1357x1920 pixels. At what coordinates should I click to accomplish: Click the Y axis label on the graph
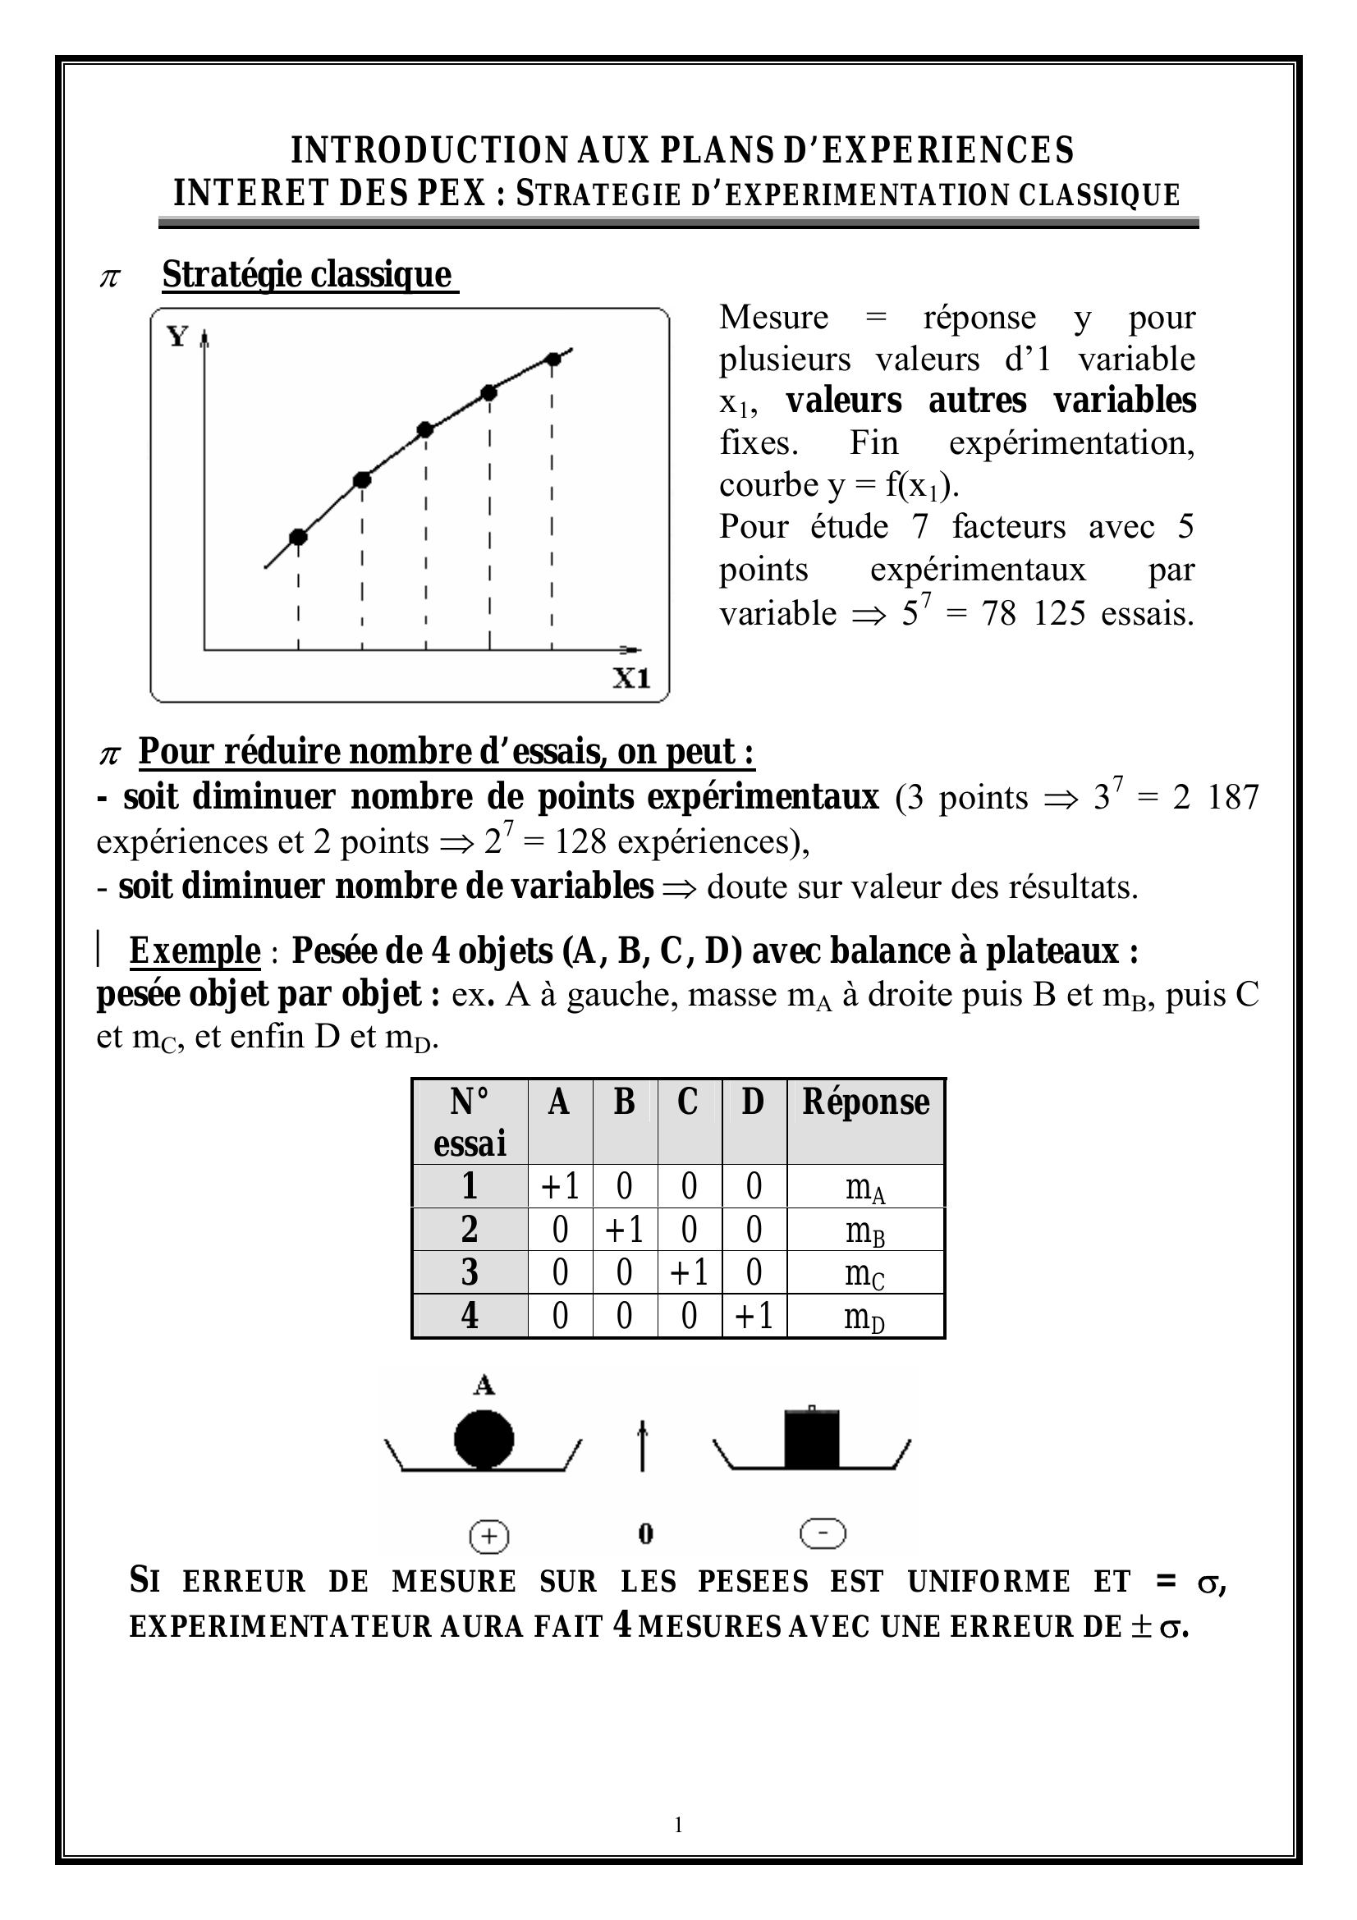coord(177,337)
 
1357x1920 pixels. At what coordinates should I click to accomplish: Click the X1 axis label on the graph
coord(631,677)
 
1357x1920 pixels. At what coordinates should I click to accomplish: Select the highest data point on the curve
coord(552,360)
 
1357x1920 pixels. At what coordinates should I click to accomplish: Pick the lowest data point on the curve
coord(299,537)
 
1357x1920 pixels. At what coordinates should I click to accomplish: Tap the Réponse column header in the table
coord(865,1102)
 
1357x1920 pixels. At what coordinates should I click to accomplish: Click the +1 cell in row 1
coord(560,1186)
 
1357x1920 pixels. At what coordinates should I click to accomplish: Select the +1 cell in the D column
coord(754,1315)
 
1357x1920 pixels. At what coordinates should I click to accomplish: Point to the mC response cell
coord(864,1273)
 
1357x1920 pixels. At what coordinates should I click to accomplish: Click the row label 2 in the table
coord(470,1230)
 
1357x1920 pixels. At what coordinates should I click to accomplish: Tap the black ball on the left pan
coord(484,1440)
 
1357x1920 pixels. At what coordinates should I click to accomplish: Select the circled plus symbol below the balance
coord(490,1536)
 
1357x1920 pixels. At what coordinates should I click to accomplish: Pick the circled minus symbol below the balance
coord(823,1533)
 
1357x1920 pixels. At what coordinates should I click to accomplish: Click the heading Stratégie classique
coord(307,274)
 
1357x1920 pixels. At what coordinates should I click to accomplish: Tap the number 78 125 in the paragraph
coord(1029,614)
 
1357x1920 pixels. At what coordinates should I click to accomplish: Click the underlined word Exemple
coord(194,951)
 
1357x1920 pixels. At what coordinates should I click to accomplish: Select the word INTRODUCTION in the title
coord(429,150)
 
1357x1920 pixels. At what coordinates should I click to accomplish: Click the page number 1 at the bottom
coord(678,1825)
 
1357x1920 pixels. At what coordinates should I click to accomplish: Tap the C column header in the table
coord(688,1102)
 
